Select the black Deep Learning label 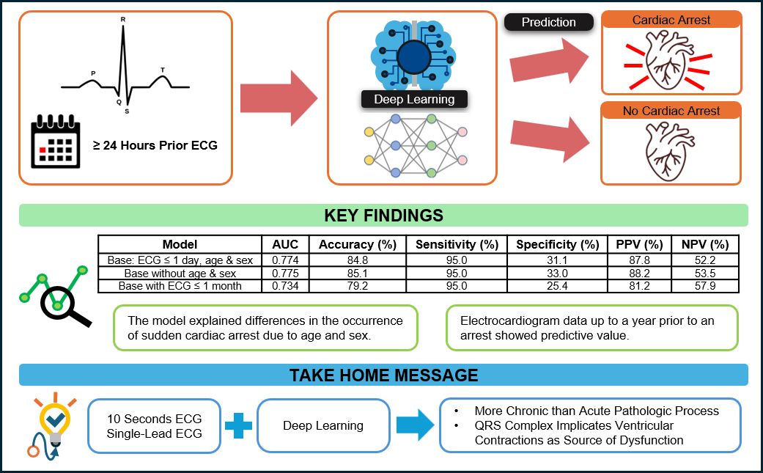click(414, 100)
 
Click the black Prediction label click(548, 22)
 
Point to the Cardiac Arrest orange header click(671, 21)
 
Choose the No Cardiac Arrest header click(671, 111)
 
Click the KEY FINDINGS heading click(383, 216)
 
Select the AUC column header click(286, 244)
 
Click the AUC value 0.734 click(286, 286)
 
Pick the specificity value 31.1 click(557, 259)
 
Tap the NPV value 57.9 click(705, 286)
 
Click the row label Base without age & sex click(180, 273)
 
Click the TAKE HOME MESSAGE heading click(383, 375)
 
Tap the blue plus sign click(238, 425)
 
